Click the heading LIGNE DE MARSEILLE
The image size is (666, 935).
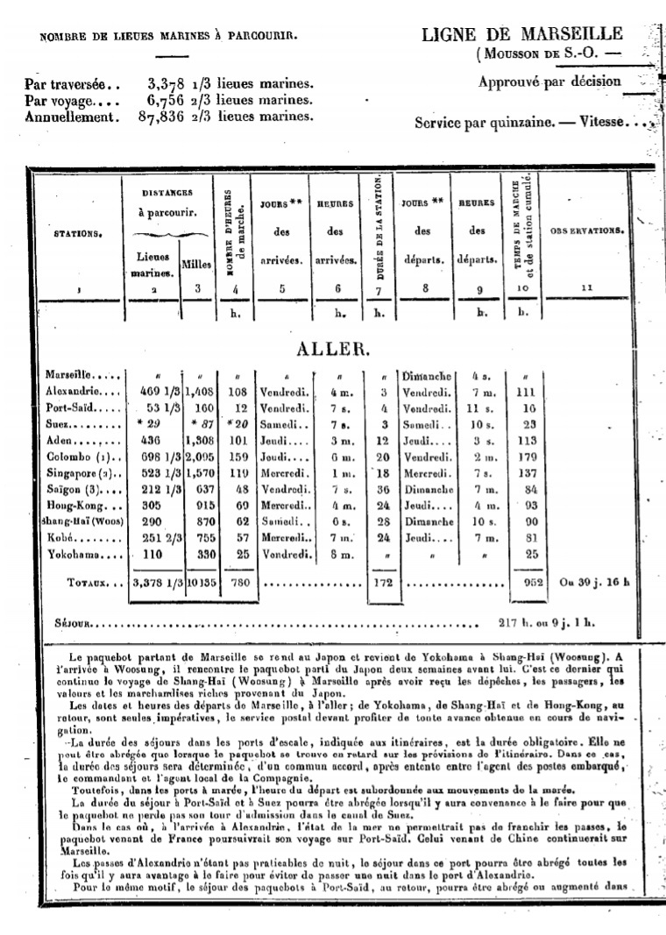(522, 34)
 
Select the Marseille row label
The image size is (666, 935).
(76, 375)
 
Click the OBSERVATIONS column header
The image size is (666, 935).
(586, 231)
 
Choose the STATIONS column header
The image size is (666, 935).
(77, 235)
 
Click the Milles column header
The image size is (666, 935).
(196, 264)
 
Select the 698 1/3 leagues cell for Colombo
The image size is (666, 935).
(152, 457)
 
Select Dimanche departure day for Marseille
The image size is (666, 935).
(424, 375)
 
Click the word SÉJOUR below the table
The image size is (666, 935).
(73, 625)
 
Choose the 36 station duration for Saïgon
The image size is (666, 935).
(380, 489)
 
